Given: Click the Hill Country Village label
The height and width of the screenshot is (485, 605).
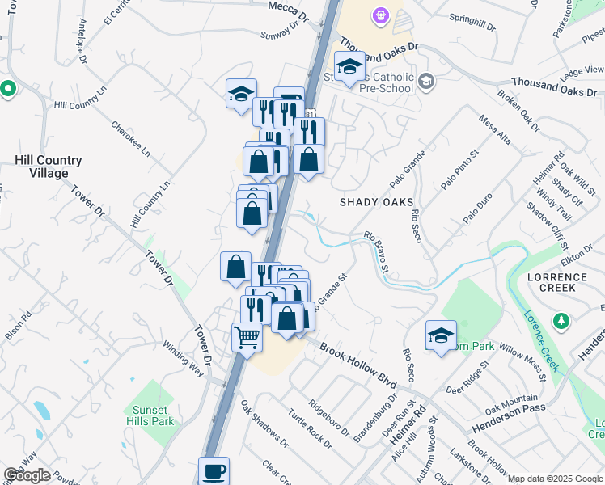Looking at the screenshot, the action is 49,167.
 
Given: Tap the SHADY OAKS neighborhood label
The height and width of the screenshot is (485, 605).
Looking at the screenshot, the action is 376,202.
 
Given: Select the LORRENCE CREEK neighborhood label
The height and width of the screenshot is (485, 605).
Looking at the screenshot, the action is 563,282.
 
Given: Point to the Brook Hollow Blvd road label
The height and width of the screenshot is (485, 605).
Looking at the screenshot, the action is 360,361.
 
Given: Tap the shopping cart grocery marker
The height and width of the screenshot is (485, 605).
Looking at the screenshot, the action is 247,336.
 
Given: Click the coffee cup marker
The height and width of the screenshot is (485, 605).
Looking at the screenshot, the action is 214,470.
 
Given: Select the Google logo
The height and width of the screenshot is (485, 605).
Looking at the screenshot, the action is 27,475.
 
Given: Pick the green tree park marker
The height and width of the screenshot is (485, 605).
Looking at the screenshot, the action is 561,322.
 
